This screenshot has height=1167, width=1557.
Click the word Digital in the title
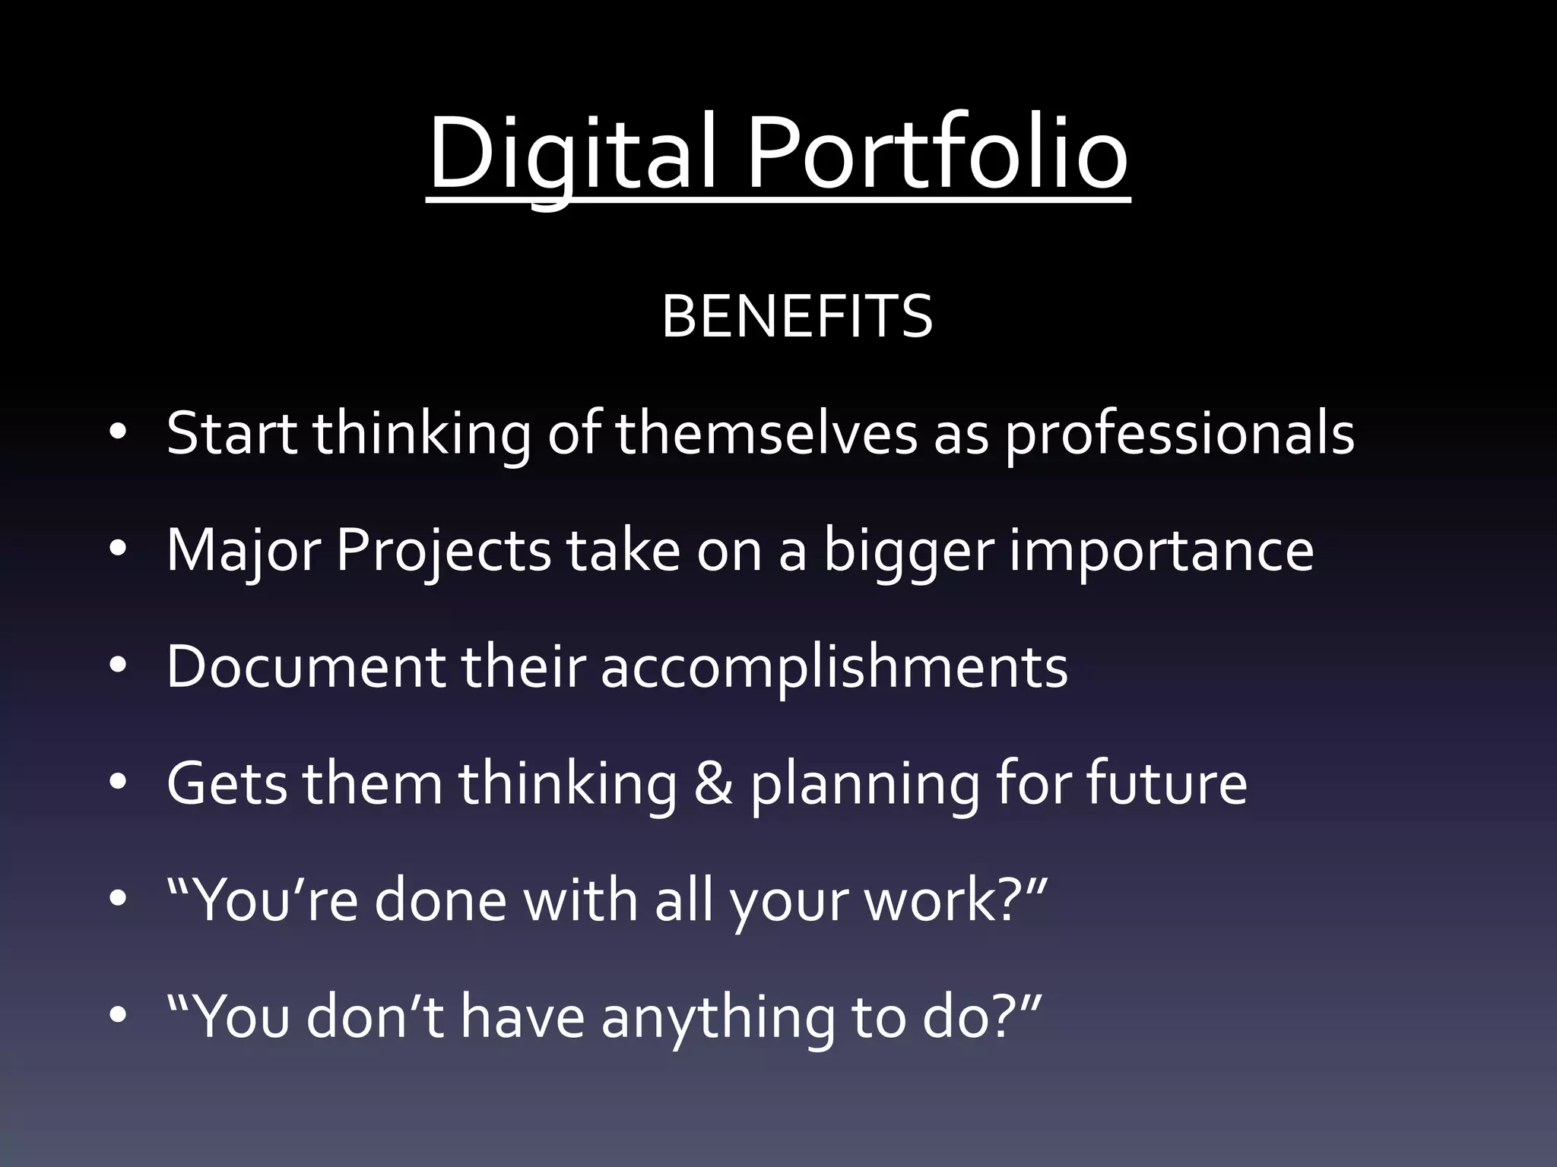click(x=572, y=156)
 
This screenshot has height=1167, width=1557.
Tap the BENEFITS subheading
click(x=797, y=316)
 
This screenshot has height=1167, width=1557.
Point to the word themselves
click(x=766, y=434)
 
